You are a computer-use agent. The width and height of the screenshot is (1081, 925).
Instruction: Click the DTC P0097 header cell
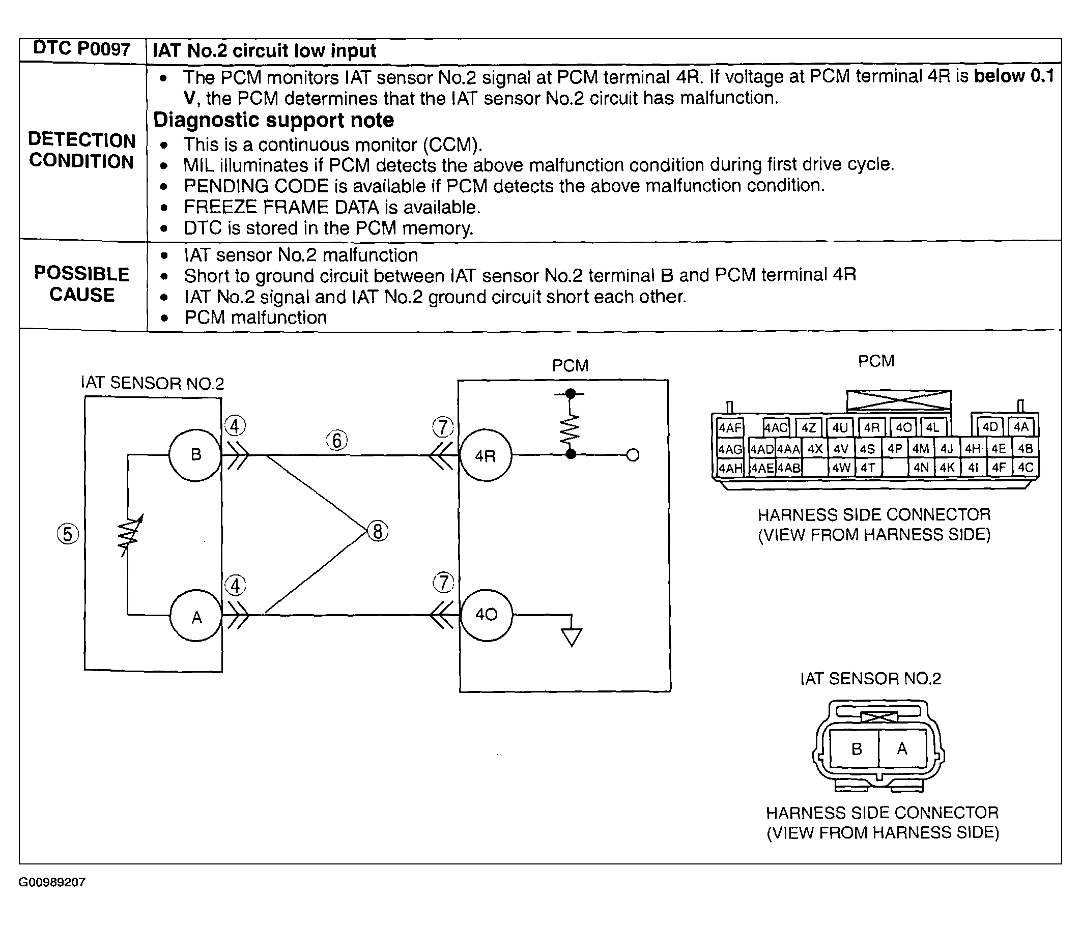pyautogui.click(x=82, y=49)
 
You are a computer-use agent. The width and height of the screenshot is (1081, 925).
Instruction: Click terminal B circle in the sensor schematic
pyautogui.click(x=195, y=455)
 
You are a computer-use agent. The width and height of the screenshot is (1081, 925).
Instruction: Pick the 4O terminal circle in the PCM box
pyautogui.click(x=486, y=615)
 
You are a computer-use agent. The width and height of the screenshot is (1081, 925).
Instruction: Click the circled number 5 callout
pyautogui.click(x=68, y=534)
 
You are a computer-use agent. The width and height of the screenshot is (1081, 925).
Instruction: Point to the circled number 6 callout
pyautogui.click(x=337, y=440)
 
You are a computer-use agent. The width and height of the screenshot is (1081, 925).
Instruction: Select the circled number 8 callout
pyautogui.click(x=378, y=531)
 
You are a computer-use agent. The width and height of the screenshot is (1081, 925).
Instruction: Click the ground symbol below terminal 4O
pyautogui.click(x=572, y=637)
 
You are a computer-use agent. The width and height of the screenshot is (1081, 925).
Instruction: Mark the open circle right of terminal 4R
pyautogui.click(x=633, y=455)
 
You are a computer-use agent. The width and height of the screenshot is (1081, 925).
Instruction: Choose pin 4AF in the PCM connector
pyautogui.click(x=730, y=428)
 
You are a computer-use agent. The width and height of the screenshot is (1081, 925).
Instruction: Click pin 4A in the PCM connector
pyautogui.click(x=1020, y=427)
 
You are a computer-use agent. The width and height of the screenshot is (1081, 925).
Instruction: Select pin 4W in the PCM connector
pyautogui.click(x=841, y=468)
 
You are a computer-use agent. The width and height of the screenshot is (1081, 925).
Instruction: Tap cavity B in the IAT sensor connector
pyautogui.click(x=857, y=749)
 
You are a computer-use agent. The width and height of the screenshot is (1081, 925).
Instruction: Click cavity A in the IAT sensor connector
pyautogui.click(x=902, y=748)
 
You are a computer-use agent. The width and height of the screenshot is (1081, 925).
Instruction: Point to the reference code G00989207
pyautogui.click(x=52, y=882)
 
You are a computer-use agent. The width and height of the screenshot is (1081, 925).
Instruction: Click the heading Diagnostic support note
pyautogui.click(x=273, y=120)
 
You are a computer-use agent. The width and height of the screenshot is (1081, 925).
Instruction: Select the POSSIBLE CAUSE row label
pyautogui.click(x=82, y=284)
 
